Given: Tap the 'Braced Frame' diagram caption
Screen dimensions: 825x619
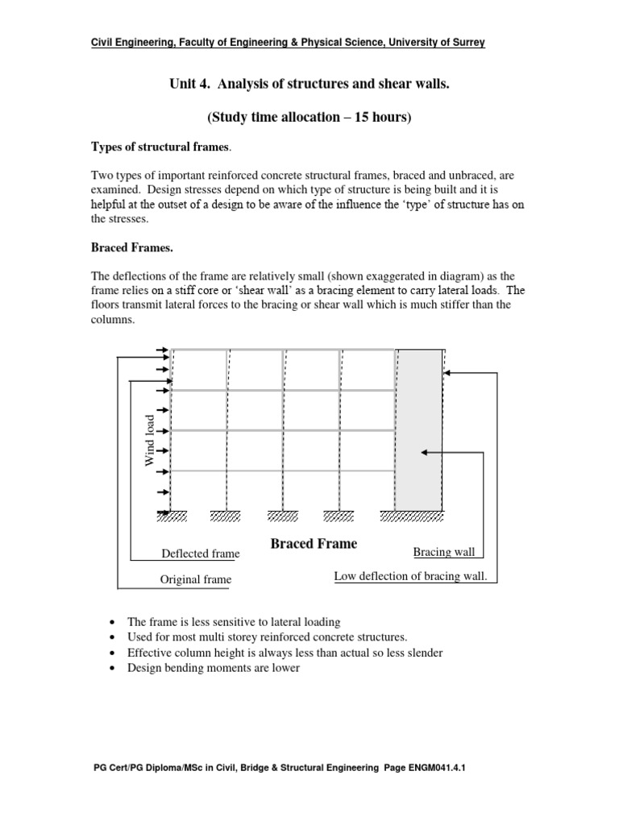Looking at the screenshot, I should click(314, 544).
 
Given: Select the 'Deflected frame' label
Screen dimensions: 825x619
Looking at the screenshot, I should click(201, 553).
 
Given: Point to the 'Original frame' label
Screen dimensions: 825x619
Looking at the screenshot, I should click(196, 579).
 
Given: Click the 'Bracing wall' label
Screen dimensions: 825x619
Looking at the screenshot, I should click(444, 552).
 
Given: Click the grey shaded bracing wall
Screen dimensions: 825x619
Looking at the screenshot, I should click(419, 427).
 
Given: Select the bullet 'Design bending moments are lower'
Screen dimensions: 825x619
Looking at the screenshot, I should click(214, 668).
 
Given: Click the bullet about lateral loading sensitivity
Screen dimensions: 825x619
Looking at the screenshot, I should click(222, 622).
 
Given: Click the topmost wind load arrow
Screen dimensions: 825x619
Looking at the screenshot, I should click(161, 350).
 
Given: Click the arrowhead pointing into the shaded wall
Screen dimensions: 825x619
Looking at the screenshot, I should click(427, 454).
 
